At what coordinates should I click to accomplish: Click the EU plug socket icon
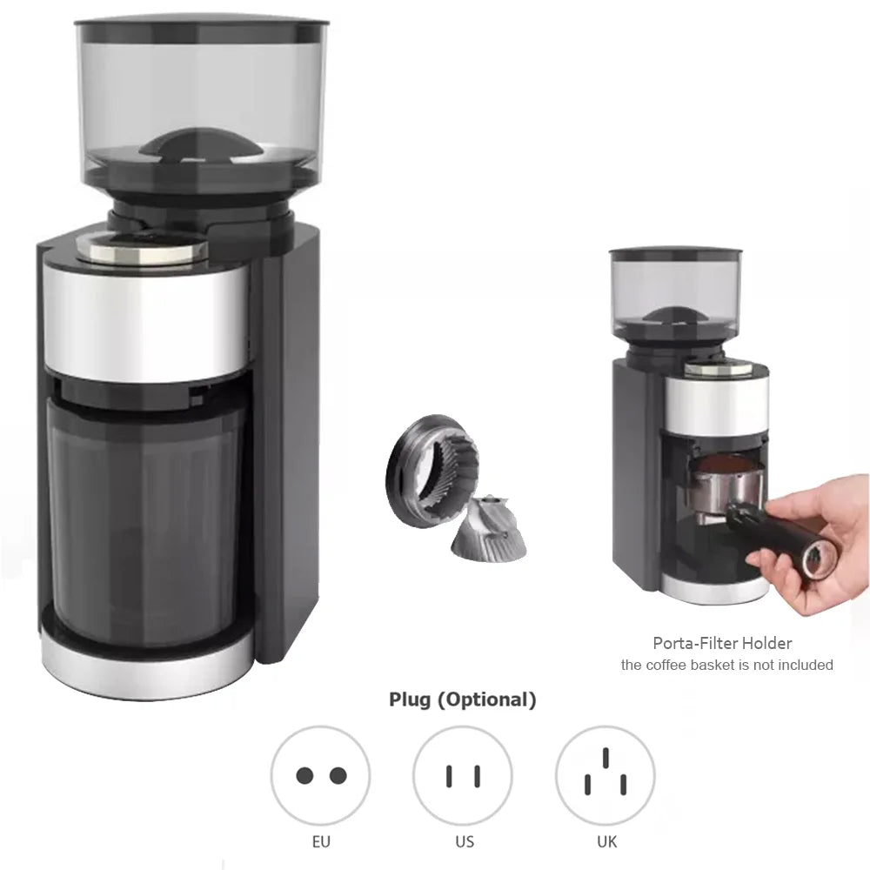[320, 775]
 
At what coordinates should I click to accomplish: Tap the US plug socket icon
[463, 775]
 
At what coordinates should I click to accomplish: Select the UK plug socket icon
[605, 775]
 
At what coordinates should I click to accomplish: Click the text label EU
[320, 842]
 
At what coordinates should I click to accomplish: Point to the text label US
[463, 842]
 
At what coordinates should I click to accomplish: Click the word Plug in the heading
[410, 699]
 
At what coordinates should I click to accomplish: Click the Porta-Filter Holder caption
[722, 644]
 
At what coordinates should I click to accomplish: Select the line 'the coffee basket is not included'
[726, 666]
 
